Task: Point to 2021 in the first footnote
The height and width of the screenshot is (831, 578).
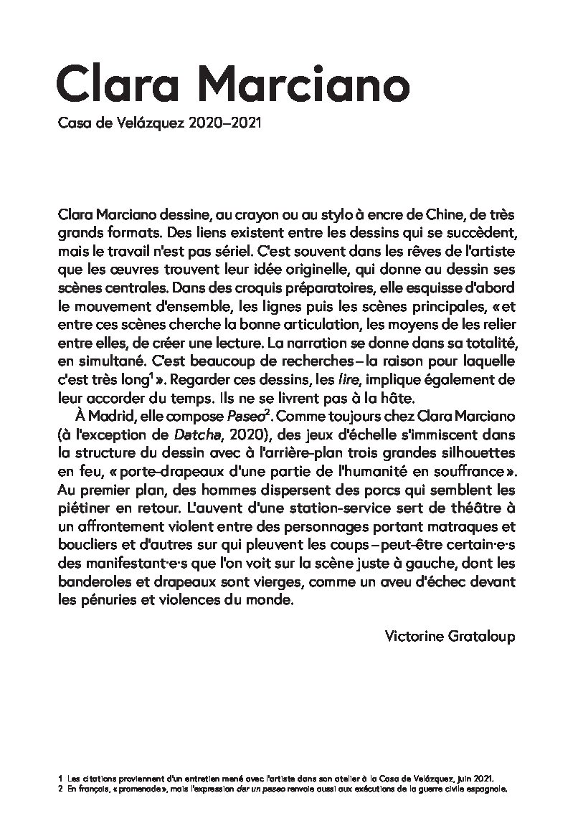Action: [482, 777]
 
